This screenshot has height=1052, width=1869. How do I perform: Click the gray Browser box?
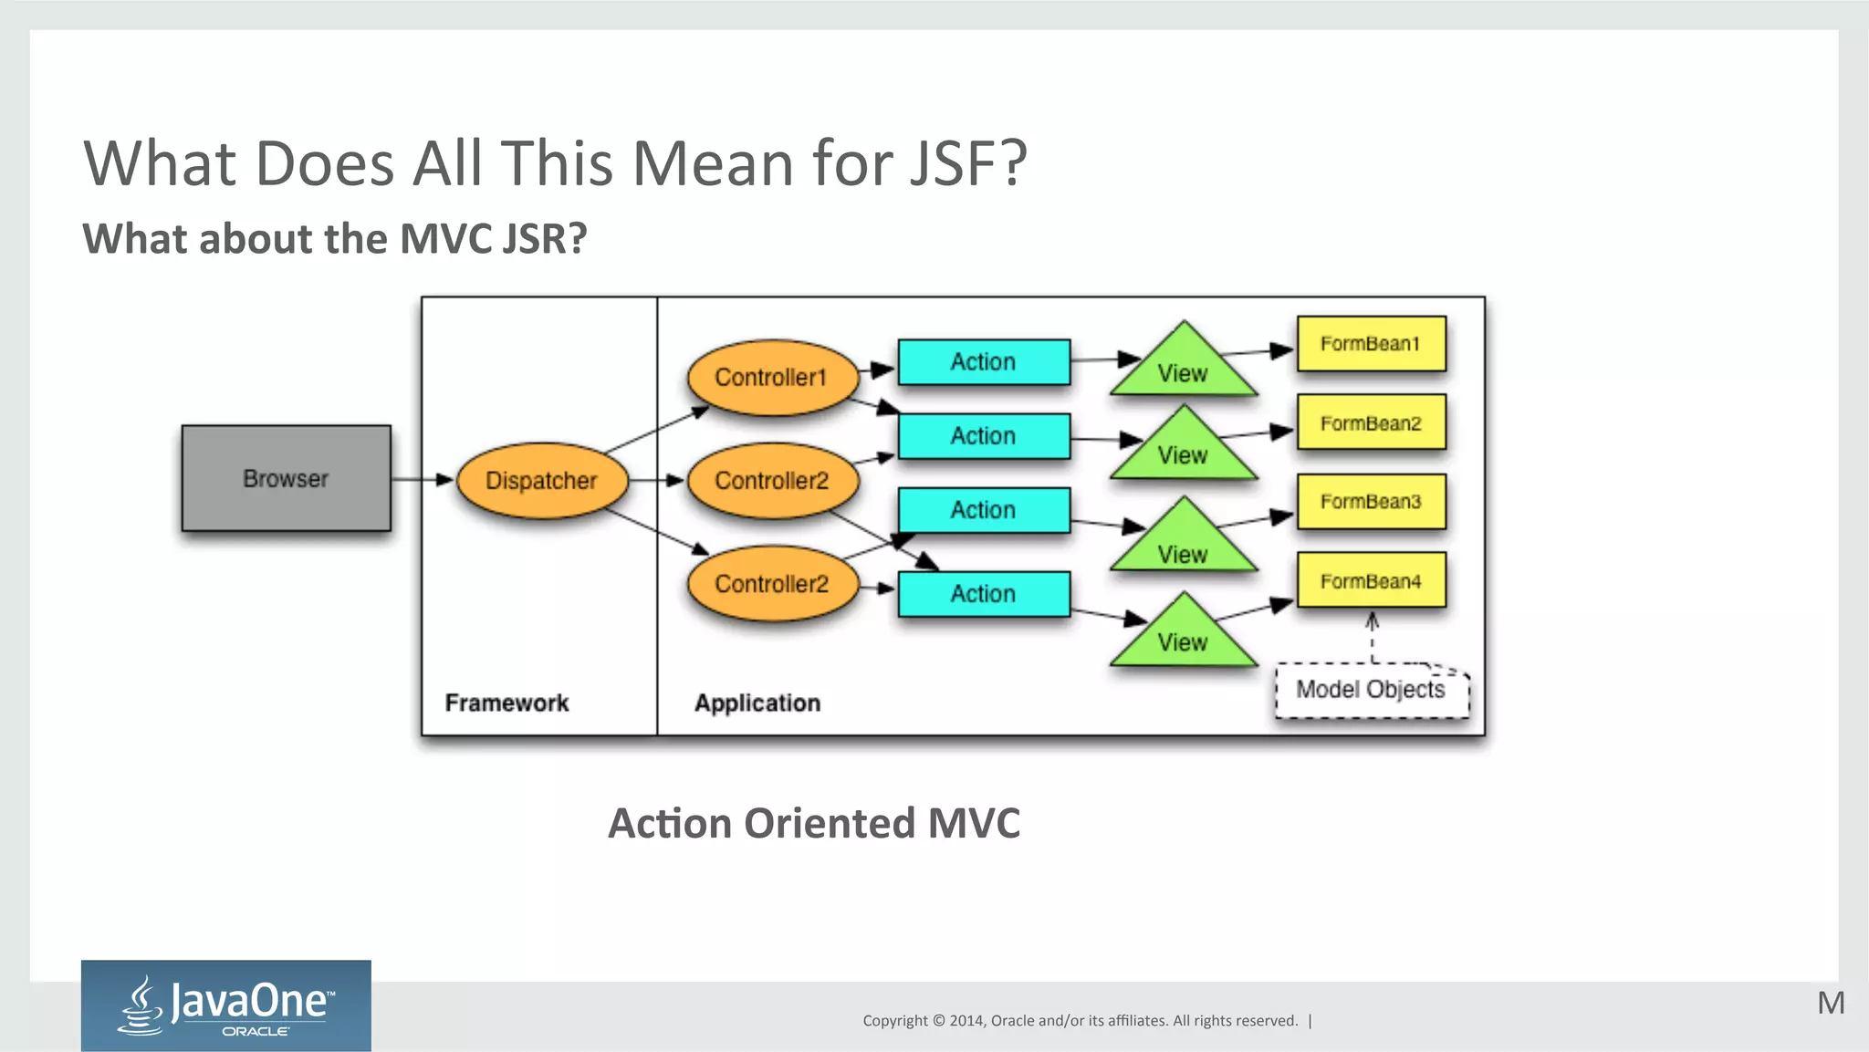coord(286,478)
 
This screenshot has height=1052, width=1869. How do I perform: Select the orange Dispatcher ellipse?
coord(541,481)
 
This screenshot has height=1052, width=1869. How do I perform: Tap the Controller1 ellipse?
coord(771,377)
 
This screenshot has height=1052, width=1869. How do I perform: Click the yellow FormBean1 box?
coord(1371,344)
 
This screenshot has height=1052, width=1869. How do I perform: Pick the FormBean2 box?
coord(1371,422)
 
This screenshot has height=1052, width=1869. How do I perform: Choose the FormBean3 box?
coord(1371,502)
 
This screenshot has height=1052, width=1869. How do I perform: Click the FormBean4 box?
coord(1371,580)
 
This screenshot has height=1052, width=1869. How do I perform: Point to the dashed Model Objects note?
coord(1371,691)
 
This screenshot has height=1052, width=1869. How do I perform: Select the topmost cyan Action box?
coord(983,362)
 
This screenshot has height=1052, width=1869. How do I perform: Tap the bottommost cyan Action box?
coord(983,594)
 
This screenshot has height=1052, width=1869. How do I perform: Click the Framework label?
coord(506,703)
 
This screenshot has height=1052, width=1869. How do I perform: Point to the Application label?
coord(757,703)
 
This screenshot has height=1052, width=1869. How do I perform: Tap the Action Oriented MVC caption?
coord(814,823)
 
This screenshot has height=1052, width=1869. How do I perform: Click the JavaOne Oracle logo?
coord(225,1005)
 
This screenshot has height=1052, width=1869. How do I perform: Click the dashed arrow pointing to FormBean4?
coord(1372,639)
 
